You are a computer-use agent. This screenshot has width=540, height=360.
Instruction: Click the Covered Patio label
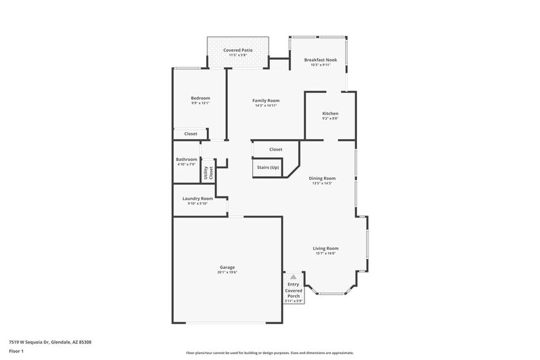238,50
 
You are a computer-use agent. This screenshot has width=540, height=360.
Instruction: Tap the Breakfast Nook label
321,60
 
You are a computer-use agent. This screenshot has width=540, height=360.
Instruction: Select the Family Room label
266,100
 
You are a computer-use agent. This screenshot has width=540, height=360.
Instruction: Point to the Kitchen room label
330,113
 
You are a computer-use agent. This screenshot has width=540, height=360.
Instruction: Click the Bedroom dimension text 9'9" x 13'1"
200,103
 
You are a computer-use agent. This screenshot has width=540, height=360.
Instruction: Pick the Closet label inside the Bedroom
190,133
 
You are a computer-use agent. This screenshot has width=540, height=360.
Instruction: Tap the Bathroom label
187,159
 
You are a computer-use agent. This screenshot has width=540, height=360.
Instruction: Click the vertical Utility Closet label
208,173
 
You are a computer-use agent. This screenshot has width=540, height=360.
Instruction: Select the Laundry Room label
198,198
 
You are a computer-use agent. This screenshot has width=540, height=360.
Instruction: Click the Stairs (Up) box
268,168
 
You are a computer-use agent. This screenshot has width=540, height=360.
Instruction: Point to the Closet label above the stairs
276,149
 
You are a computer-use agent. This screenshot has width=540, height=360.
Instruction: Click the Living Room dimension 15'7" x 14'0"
326,253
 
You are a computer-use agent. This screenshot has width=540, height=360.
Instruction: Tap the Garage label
227,267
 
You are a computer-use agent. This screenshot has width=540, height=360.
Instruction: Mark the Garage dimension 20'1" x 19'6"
227,272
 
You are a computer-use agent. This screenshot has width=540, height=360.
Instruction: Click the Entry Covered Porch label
294,290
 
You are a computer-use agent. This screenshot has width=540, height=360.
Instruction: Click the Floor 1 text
16,351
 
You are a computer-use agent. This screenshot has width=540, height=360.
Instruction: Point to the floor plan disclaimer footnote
269,353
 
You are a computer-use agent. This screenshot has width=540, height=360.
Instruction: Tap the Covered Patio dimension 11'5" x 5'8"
238,56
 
